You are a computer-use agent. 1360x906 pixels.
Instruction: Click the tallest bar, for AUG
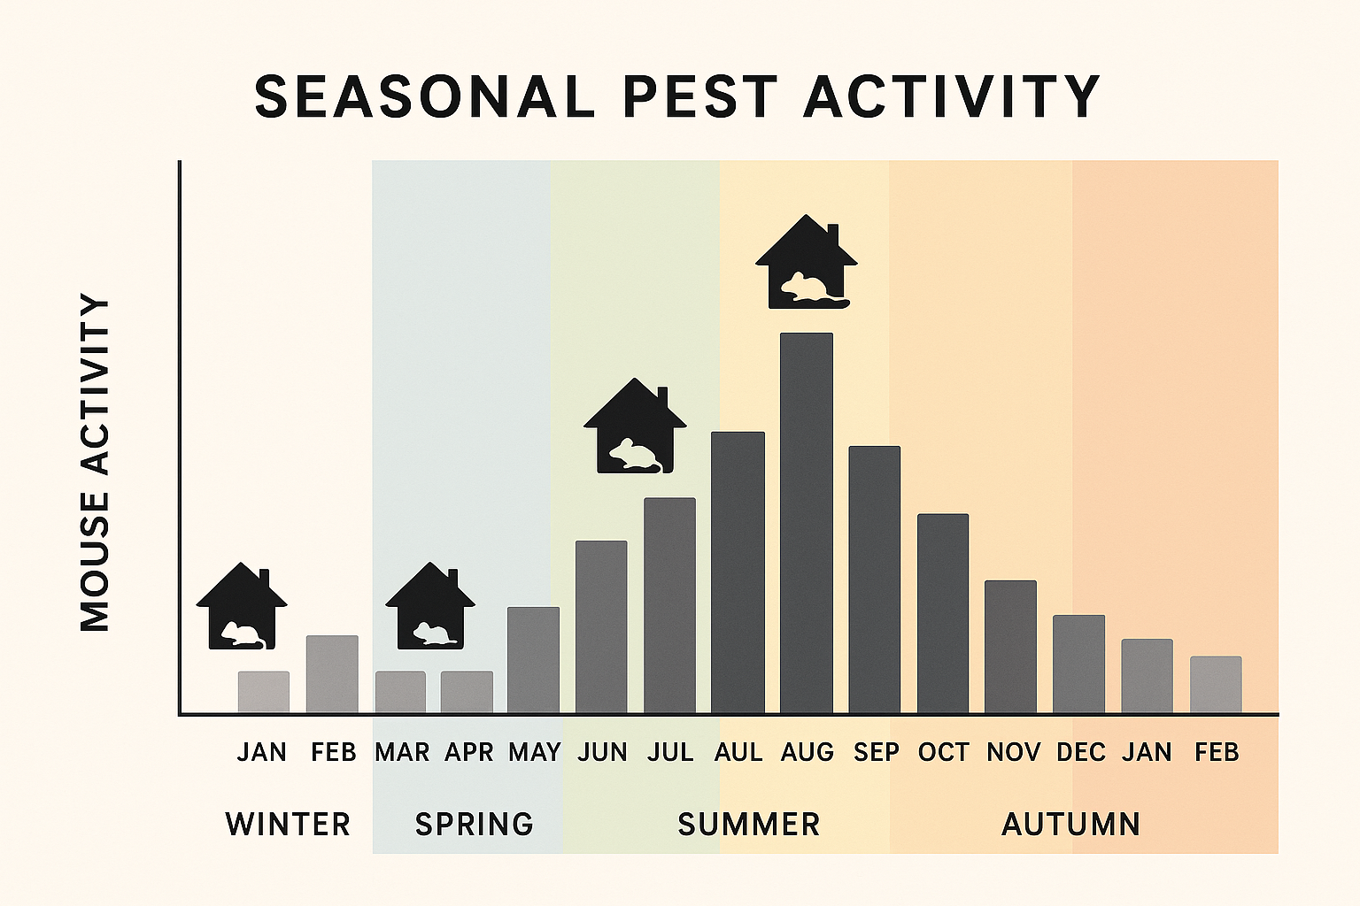(806, 522)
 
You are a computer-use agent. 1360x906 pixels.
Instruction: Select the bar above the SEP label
(874, 580)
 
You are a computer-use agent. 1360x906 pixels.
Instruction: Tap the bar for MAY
(533, 660)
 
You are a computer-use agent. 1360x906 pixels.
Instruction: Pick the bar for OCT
(943, 613)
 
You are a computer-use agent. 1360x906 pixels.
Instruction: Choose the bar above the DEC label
(1078, 664)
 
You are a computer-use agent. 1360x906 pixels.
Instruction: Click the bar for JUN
(601, 626)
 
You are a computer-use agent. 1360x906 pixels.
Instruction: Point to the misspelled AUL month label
(738, 752)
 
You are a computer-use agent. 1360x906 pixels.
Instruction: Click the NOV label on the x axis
(1013, 752)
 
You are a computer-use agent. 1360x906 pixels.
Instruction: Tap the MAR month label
(401, 752)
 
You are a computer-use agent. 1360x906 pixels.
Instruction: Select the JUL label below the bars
(669, 752)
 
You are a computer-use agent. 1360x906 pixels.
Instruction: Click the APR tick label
(468, 752)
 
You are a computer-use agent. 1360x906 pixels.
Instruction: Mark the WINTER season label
(288, 824)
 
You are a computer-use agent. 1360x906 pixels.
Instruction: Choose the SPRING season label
(475, 824)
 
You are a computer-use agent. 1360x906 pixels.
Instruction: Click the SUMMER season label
(749, 824)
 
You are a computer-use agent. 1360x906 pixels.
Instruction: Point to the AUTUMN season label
(1070, 824)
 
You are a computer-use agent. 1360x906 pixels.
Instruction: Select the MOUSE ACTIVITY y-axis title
(95, 463)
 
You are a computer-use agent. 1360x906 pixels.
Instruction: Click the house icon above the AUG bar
(806, 263)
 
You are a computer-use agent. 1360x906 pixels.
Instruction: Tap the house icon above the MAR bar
(430, 607)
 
